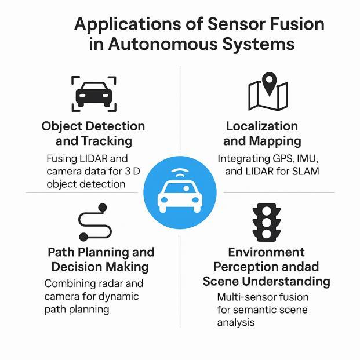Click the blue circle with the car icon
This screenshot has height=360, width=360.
click(x=180, y=192)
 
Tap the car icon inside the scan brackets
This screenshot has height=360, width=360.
click(x=94, y=93)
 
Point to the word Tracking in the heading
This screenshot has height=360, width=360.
click(x=109, y=141)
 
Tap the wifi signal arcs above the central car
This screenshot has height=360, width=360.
click(x=180, y=172)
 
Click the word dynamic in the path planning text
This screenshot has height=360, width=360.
click(x=122, y=296)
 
